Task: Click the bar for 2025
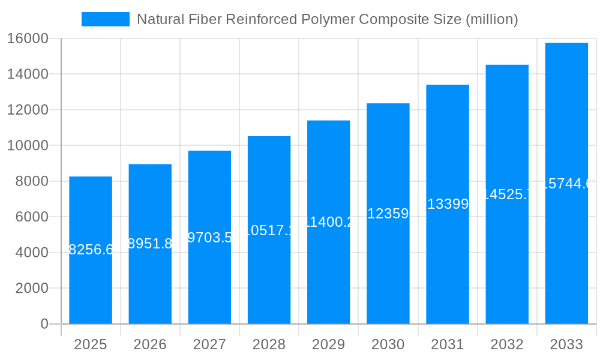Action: [91, 282]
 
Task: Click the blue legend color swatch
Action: [106, 19]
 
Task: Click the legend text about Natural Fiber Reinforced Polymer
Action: [327, 19]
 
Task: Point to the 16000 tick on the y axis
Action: [28, 38]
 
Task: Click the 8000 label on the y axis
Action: [32, 181]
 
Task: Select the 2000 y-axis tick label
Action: [32, 288]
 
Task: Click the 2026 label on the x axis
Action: [150, 344]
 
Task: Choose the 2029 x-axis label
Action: [328, 344]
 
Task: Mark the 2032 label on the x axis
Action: [507, 344]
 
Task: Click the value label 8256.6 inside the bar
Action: [91, 250]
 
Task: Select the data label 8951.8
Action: [150, 244]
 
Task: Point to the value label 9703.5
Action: [209, 237]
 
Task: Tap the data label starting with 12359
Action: [388, 214]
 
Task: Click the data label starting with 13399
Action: [448, 204]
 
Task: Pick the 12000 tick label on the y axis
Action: [28, 110]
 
